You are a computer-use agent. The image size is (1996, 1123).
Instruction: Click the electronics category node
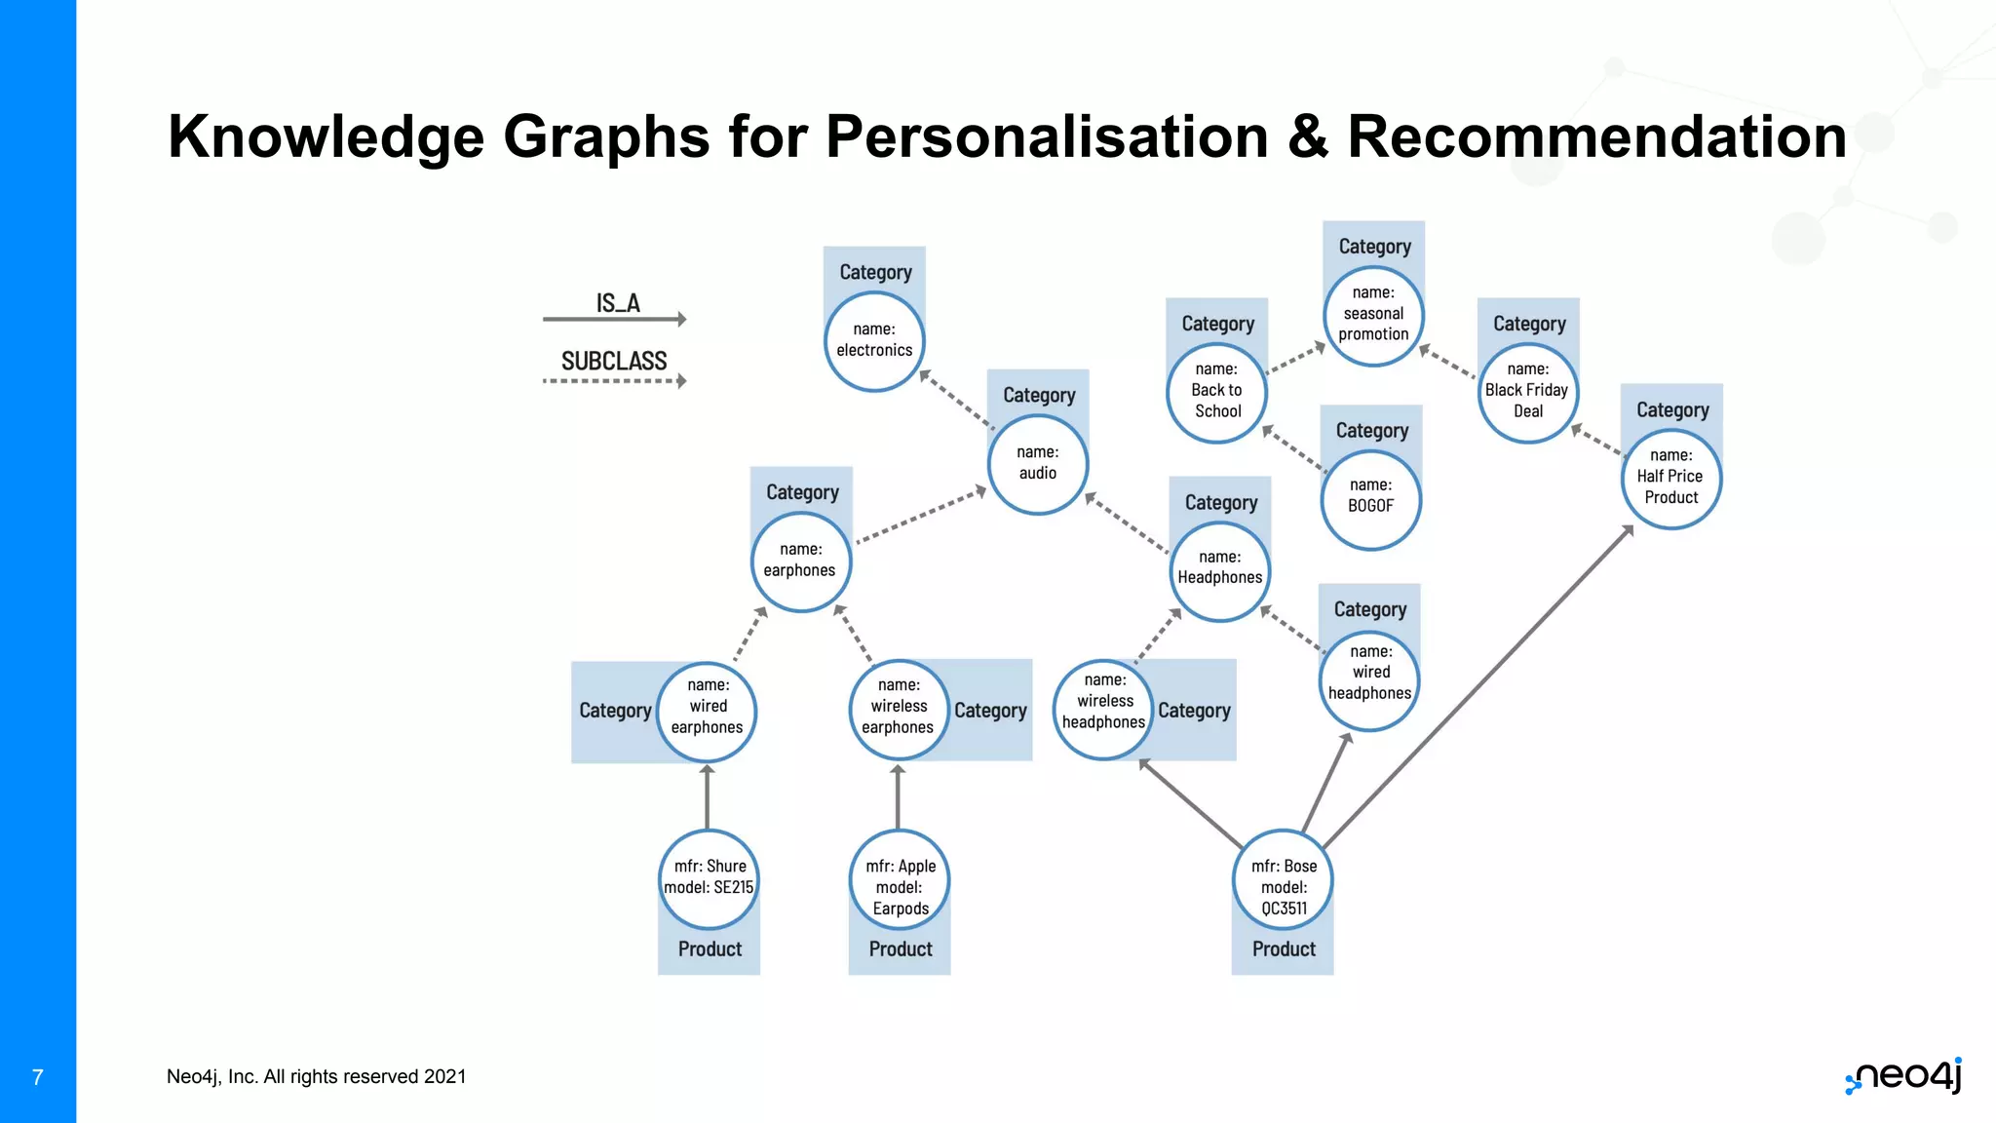(x=874, y=341)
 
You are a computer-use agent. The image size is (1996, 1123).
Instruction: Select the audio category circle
(x=1037, y=464)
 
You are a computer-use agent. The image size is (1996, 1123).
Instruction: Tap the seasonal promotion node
(x=1373, y=315)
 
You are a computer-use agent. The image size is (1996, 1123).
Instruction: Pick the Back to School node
(x=1217, y=391)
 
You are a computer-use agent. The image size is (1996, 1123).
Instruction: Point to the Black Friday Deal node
(x=1527, y=391)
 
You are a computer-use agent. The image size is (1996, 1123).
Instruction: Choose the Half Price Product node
(x=1670, y=478)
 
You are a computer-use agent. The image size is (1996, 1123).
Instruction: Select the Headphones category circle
(x=1219, y=568)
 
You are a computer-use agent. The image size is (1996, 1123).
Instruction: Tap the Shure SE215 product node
(x=709, y=878)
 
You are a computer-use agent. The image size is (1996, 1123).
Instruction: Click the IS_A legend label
(x=618, y=304)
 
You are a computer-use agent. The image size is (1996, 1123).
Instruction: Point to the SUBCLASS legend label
(x=614, y=362)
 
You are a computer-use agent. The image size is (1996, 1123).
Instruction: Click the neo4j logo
(x=1904, y=1076)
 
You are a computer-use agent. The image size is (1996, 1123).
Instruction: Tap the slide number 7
(x=38, y=1077)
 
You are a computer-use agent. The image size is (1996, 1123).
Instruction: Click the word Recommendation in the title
(x=1596, y=136)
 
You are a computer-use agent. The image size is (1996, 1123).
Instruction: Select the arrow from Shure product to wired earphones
(x=708, y=797)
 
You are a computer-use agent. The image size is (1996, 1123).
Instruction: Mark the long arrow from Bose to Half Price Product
(x=1477, y=688)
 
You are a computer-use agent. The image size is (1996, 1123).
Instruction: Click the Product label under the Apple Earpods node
(x=901, y=949)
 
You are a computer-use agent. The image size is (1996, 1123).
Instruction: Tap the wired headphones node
(x=1370, y=674)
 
